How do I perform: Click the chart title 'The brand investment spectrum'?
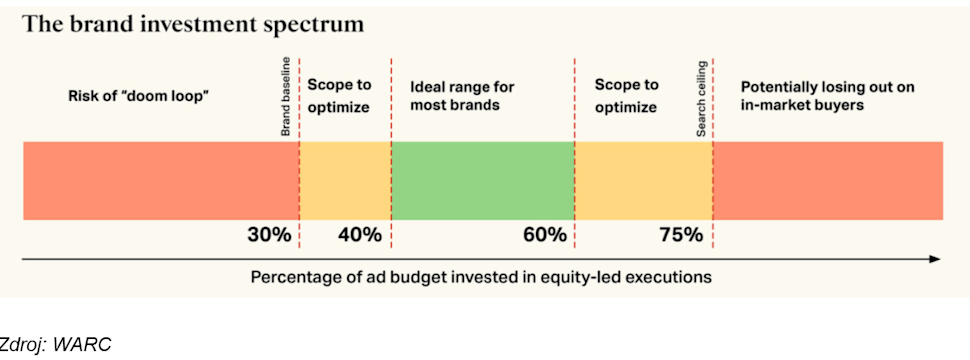[x=193, y=24]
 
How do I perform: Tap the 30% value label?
[x=269, y=235]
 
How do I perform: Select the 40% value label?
[x=360, y=235]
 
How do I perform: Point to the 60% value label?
[x=544, y=235]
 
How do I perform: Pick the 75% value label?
[x=680, y=235]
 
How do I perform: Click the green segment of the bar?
[x=483, y=181]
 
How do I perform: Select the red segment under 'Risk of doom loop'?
[x=161, y=181]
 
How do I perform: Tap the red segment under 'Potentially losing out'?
[x=828, y=181]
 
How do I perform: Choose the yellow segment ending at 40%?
[x=345, y=181]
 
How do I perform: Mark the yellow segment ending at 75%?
[x=643, y=181]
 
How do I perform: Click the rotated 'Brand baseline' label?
[x=286, y=96]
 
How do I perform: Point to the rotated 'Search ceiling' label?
[x=702, y=98]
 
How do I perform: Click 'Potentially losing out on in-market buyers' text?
[x=828, y=96]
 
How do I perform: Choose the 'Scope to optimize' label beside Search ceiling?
[x=626, y=96]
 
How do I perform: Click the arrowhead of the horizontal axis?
[x=937, y=260]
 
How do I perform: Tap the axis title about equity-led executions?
[x=481, y=277]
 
